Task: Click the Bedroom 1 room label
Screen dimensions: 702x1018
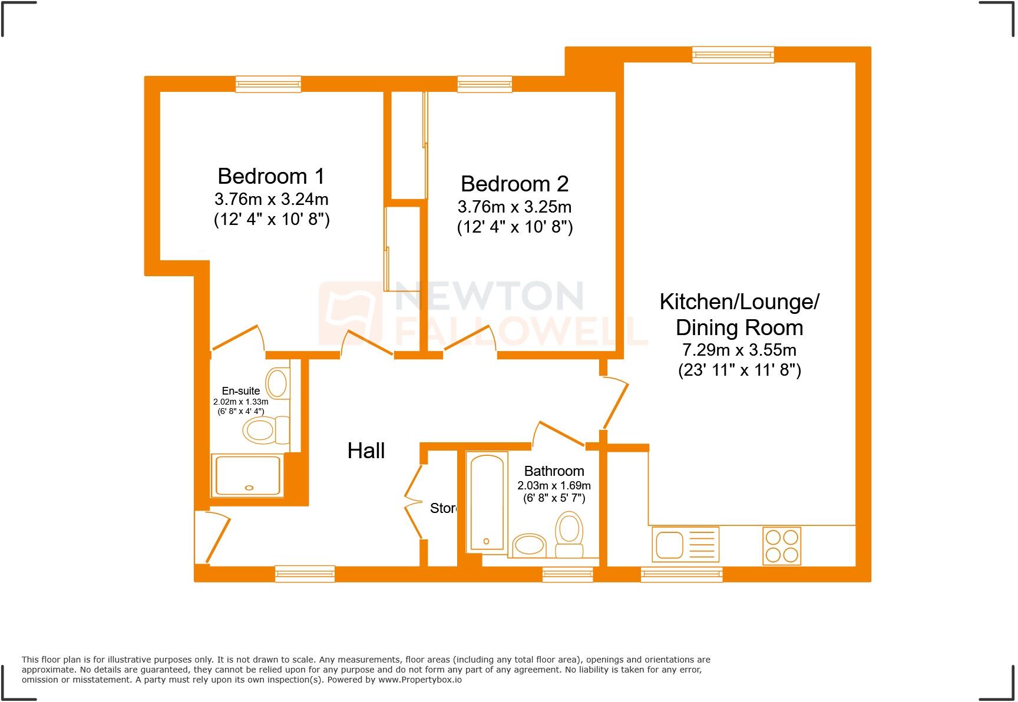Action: coord(271,176)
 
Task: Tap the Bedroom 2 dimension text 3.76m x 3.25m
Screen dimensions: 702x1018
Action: coord(514,207)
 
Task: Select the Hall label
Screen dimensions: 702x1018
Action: coord(366,451)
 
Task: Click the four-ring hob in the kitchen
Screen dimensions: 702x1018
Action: coord(782,545)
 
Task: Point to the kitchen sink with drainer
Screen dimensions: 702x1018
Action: coord(686,545)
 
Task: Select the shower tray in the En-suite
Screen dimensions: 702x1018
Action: coord(248,475)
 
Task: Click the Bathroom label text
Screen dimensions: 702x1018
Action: coord(554,471)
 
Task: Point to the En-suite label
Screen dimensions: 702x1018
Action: coord(240,390)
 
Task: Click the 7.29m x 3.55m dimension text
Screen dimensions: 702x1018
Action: coord(739,350)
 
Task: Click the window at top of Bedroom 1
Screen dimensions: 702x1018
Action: coord(268,84)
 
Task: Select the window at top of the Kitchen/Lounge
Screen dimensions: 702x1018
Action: coord(733,55)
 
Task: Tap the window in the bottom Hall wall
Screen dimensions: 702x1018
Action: coord(305,574)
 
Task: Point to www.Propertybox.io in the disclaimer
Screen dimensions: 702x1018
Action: coord(419,680)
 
